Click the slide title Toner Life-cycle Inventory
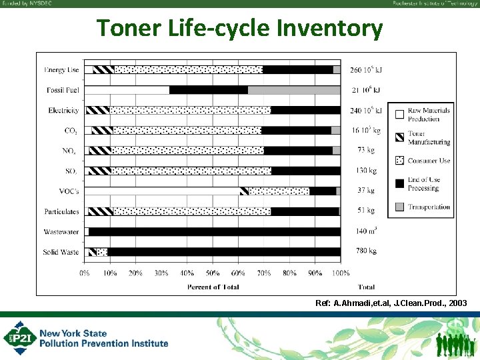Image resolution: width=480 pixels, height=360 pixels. click(x=240, y=29)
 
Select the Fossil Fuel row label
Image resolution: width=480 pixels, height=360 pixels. click(x=63, y=90)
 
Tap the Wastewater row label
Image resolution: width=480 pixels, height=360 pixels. click(x=63, y=231)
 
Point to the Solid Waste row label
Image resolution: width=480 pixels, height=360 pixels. click(x=61, y=252)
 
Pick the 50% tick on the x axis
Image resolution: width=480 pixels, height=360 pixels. click(x=212, y=273)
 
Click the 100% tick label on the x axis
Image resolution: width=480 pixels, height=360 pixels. click(x=341, y=273)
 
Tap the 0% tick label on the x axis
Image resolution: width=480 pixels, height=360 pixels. click(x=85, y=273)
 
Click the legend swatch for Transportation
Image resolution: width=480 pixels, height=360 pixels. click(x=399, y=207)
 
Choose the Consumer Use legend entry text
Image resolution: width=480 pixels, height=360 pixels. click(x=429, y=161)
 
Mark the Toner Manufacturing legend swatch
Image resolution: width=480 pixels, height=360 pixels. click(x=399, y=137)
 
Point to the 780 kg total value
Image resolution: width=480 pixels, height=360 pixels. click(x=366, y=252)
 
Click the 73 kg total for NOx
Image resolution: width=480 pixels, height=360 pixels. click(x=366, y=151)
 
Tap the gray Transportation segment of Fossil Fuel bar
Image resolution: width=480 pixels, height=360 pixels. click(x=293, y=90)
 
